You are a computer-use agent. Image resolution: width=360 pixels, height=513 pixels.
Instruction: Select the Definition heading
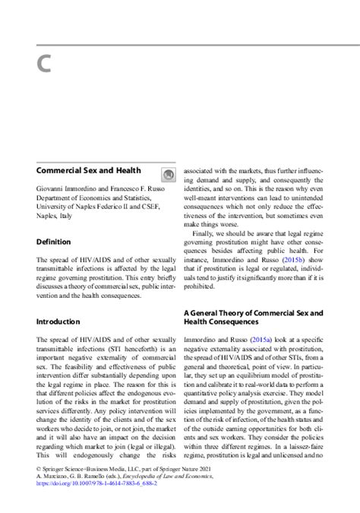[54, 242]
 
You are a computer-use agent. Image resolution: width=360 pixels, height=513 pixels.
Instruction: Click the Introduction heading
[58, 321]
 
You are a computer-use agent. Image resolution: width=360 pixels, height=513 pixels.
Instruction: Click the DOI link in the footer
[96, 503]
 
